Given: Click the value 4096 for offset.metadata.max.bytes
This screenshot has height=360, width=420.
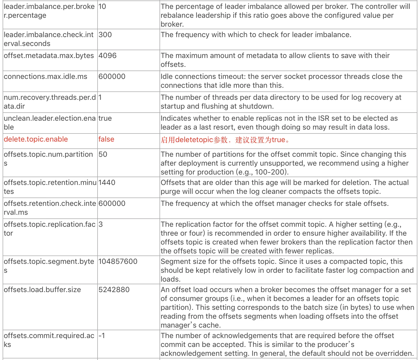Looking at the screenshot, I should tap(107, 56).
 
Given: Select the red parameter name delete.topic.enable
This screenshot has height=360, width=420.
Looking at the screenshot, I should tap(36, 139).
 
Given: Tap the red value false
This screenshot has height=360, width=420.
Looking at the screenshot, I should tap(106, 139).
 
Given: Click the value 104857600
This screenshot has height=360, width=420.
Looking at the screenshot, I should tap(118, 262).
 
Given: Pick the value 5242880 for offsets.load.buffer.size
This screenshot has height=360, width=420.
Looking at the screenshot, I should tap(114, 290).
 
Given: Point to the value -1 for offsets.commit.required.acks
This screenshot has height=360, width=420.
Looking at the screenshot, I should tap(102, 336).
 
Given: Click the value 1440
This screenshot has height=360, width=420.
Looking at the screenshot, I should tap(107, 183).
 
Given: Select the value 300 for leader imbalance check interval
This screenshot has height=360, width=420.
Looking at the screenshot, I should tap(105, 35).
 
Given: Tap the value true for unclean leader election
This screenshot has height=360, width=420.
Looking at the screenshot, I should tap(105, 118).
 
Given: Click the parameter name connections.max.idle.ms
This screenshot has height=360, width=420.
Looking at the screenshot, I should tap(46, 77).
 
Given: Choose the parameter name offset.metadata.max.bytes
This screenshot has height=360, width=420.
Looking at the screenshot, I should tap(49, 56).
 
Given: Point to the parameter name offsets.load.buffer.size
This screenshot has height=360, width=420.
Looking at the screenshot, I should tap(42, 290).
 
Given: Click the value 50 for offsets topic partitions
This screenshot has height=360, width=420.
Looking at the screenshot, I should tap(103, 154).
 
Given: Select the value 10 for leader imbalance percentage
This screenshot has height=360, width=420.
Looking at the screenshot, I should tap(102, 7).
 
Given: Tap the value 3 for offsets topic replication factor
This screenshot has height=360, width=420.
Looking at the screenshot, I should tap(101, 224).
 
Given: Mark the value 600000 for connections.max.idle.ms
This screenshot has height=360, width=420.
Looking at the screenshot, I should tap(112, 77).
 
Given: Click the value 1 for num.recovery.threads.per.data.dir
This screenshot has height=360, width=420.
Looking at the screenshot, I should tap(100, 97).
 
